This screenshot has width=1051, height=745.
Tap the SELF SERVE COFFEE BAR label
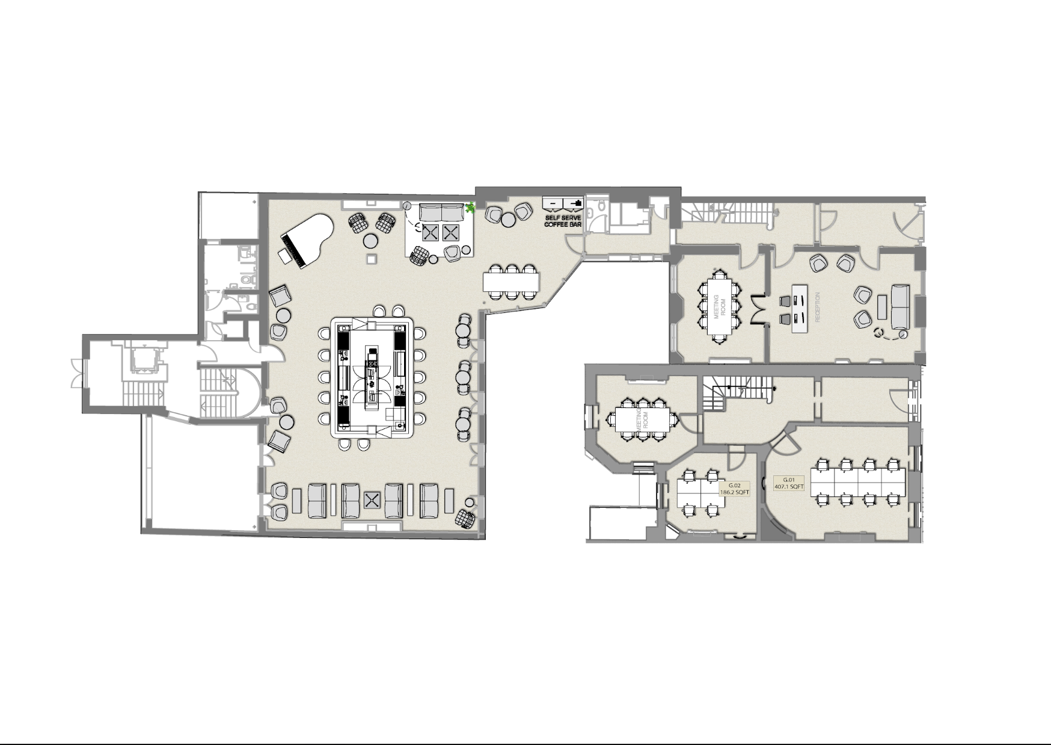pos(563,221)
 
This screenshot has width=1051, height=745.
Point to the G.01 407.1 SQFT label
pos(789,483)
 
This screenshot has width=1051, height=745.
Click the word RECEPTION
pos(817,307)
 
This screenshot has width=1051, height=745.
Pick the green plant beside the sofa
pos(470,208)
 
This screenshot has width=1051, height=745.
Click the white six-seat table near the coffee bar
pos(511,280)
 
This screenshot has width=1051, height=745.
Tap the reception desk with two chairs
pos(799,308)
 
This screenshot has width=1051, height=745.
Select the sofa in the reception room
pos(900,305)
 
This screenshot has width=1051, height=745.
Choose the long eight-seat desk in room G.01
pos(857,482)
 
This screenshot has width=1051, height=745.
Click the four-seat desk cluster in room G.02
pos(699,493)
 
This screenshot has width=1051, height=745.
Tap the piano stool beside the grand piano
pos(284,256)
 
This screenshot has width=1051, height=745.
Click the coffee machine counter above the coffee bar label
pos(563,203)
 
